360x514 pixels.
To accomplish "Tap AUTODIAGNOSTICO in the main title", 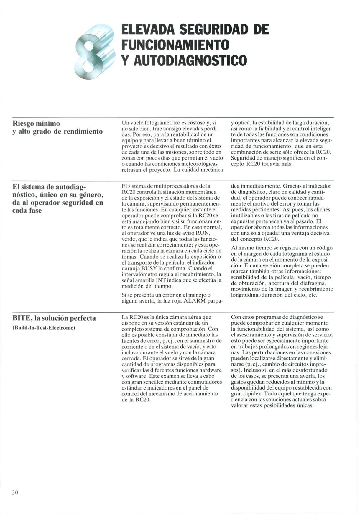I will coord(190,60).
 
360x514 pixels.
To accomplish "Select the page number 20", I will coord(15,492).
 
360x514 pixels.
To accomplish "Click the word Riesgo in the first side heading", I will coord(23,123).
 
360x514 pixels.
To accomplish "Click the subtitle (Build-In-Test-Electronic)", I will coord(44,328).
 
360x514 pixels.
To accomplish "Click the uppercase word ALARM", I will coord(195,301).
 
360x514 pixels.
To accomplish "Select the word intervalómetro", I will coord(139,274).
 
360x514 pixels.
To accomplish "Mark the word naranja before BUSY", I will coord(131,268).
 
